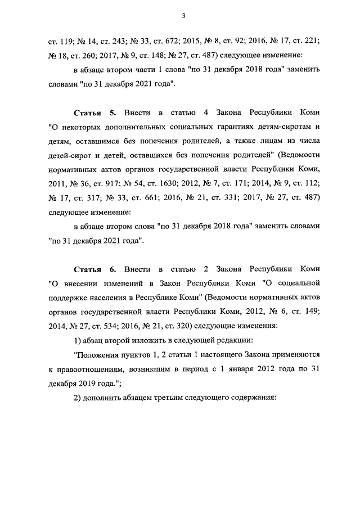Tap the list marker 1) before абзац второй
coord(78,340)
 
